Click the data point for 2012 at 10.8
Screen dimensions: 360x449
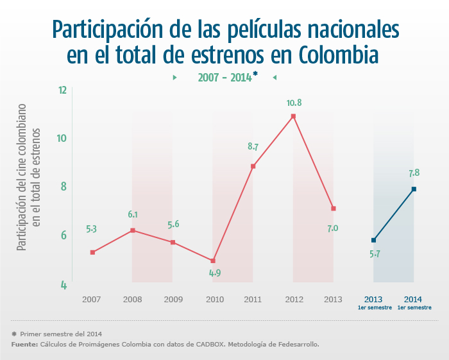click(x=293, y=116)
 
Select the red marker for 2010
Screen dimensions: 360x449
click(x=213, y=261)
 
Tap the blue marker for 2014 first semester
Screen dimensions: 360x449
click(x=414, y=189)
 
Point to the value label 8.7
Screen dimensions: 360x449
click(x=253, y=147)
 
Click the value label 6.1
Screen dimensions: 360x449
click(x=133, y=214)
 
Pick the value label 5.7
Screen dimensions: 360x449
click(x=375, y=254)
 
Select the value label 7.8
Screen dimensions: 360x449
click(x=414, y=173)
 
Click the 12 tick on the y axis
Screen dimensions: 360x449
click(x=63, y=90)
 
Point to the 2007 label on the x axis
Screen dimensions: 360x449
click(x=92, y=299)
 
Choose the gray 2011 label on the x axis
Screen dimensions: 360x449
click(x=253, y=299)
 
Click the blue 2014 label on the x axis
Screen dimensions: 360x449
click(x=414, y=299)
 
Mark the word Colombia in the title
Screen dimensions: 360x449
click(x=338, y=55)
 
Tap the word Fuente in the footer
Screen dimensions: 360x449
click(x=24, y=345)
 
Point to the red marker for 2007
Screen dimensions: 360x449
click(x=92, y=252)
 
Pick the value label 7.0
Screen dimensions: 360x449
click(x=332, y=228)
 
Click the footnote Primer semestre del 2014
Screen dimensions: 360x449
click(x=60, y=334)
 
